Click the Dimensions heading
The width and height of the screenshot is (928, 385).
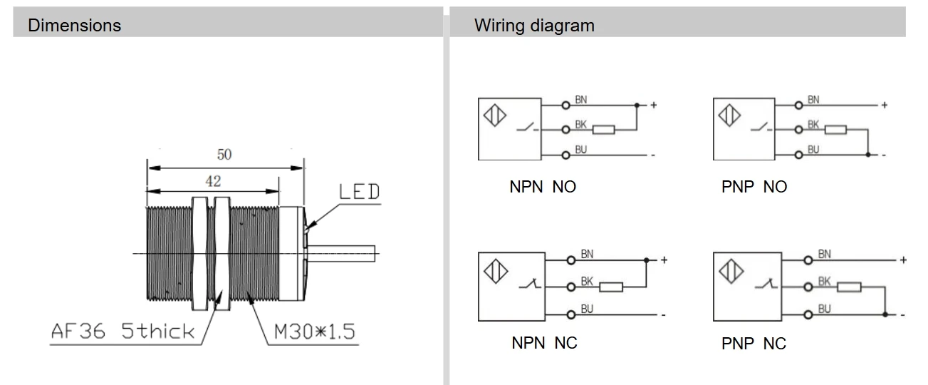[x=75, y=25]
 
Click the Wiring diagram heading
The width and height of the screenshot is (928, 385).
[x=534, y=26]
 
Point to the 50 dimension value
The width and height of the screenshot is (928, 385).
[x=224, y=155]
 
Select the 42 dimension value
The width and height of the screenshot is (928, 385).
[x=213, y=181]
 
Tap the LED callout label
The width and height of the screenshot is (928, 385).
[x=359, y=192]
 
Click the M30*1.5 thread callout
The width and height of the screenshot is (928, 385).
[x=315, y=332]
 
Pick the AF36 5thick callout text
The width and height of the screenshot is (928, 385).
[x=122, y=331]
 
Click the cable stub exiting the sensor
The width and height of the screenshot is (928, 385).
[x=341, y=254]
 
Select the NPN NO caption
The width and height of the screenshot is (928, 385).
[x=543, y=187]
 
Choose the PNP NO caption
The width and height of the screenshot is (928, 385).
[x=754, y=187]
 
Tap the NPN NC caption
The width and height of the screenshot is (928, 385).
[x=544, y=343]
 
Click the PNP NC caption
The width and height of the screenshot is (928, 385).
[x=754, y=344]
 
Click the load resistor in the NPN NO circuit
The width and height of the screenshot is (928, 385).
[x=604, y=130]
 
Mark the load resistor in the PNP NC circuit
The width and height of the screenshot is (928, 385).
[x=849, y=287]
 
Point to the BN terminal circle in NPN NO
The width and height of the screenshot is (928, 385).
[x=566, y=106]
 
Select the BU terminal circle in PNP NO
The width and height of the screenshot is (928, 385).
[x=799, y=155]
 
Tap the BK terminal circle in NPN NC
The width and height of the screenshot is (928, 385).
[x=571, y=287]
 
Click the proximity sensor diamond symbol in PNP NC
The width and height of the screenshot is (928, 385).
[x=731, y=272]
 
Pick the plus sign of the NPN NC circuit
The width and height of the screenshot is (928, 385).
[x=664, y=260]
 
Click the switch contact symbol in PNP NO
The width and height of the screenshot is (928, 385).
[x=761, y=128]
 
